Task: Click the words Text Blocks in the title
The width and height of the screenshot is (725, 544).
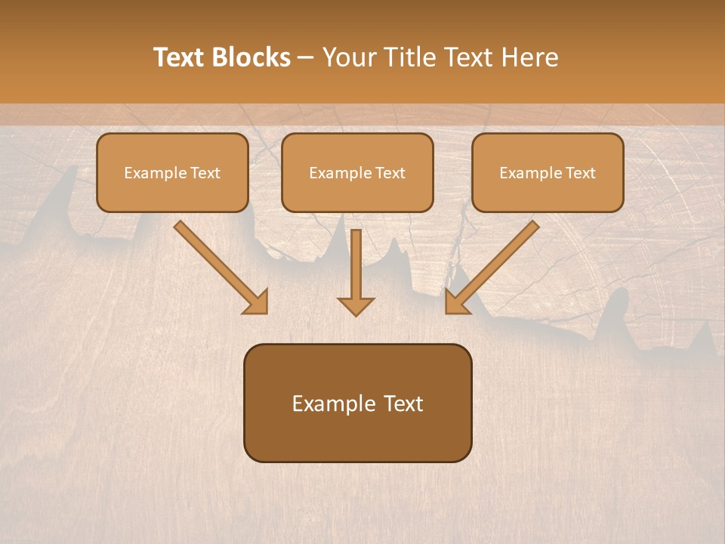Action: point(222,57)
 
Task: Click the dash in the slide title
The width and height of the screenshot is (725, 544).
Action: point(306,57)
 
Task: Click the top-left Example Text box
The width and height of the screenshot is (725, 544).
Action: point(172,172)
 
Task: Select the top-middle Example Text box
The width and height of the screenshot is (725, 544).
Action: point(357,172)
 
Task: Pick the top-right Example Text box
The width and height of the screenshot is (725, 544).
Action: point(548,172)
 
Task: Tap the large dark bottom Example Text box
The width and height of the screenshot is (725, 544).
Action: point(357,403)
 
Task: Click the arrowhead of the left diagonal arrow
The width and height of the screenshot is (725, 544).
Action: point(257,302)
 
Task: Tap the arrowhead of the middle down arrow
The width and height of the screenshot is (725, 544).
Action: point(356,305)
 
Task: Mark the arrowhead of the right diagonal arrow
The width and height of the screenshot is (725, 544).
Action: point(457,301)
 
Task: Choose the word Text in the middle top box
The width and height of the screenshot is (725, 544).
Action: point(390,173)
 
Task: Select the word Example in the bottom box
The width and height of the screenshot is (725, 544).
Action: point(335,403)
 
